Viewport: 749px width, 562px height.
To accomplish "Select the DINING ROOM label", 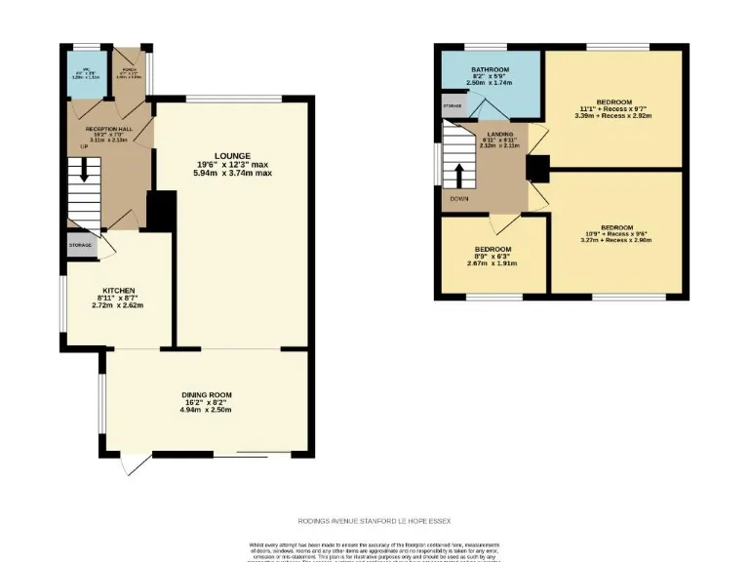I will pos(206,394).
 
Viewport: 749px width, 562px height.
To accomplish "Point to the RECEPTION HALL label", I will pos(107,128).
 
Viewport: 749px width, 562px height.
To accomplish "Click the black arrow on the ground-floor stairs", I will pos(85,170).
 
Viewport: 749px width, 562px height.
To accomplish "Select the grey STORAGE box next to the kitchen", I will pos(81,245).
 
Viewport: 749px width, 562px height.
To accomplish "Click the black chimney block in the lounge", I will pos(161,210).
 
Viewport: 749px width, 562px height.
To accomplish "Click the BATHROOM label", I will pos(490,70).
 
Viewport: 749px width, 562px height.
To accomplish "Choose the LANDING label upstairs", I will pos(501,135).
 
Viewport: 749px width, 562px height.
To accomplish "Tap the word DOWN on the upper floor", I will pos(459,199).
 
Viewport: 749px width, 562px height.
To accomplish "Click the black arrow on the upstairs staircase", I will pos(458,174).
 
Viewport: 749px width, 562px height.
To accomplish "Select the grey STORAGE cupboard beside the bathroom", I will pos(453,104).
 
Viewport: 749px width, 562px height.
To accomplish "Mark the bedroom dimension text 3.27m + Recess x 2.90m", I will pos(617,239).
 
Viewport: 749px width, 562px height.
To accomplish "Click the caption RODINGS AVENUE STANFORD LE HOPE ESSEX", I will pos(374,522).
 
